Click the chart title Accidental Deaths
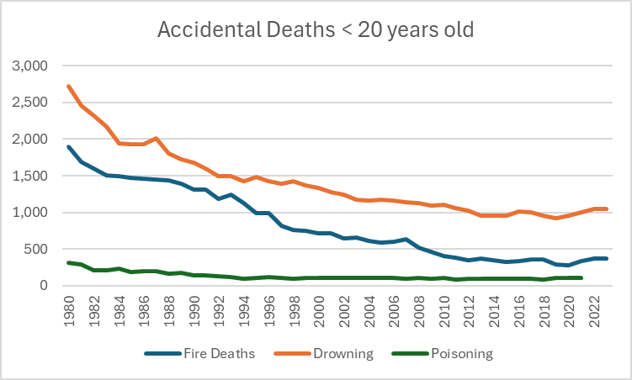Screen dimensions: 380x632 click(316, 31)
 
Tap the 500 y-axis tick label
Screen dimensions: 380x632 click(39, 249)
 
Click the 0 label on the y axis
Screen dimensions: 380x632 click(45, 286)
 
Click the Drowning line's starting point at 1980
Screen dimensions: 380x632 click(68, 86)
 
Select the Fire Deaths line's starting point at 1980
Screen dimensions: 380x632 click(68, 147)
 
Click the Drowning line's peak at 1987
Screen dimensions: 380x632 click(157, 139)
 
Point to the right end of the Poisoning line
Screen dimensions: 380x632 click(581, 277)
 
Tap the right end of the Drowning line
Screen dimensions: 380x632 click(606, 209)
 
